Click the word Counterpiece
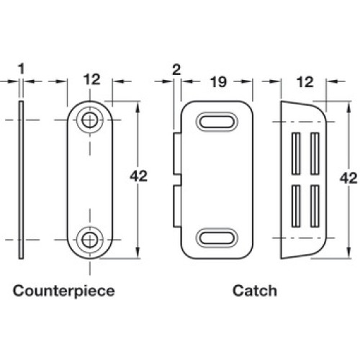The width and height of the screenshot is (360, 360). pyautogui.click(x=64, y=291)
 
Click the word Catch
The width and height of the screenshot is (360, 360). pyautogui.click(x=255, y=291)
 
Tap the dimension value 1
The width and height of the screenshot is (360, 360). pyautogui.click(x=22, y=69)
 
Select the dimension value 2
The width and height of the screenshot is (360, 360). pyautogui.click(x=176, y=70)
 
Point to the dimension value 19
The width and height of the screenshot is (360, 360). pyautogui.click(x=218, y=82)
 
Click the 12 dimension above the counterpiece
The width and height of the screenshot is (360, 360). pyautogui.click(x=91, y=79)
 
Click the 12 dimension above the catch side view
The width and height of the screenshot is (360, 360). pyautogui.click(x=305, y=82)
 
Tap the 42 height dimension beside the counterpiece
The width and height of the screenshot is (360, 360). pyautogui.click(x=138, y=176)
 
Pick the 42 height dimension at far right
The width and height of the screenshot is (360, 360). pyautogui.click(x=348, y=179)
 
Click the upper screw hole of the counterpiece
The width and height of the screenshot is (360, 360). pyautogui.click(x=90, y=120)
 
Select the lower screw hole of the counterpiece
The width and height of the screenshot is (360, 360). pyautogui.click(x=90, y=240)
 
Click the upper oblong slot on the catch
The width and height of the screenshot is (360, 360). pyautogui.click(x=217, y=122)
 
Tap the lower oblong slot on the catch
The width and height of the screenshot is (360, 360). pyautogui.click(x=217, y=238)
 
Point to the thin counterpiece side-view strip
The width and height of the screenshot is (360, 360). pyautogui.click(x=21, y=180)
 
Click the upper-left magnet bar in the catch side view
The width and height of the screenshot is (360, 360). pyautogui.click(x=296, y=153)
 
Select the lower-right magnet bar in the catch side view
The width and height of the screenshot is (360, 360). pyautogui.click(x=315, y=206)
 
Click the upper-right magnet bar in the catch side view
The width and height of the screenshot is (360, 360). pyautogui.click(x=315, y=153)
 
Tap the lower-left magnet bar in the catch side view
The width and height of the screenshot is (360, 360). pyautogui.click(x=296, y=206)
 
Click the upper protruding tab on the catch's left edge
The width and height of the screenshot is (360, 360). pyautogui.click(x=177, y=154)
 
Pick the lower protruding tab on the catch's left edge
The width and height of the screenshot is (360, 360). pyautogui.click(x=177, y=206)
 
